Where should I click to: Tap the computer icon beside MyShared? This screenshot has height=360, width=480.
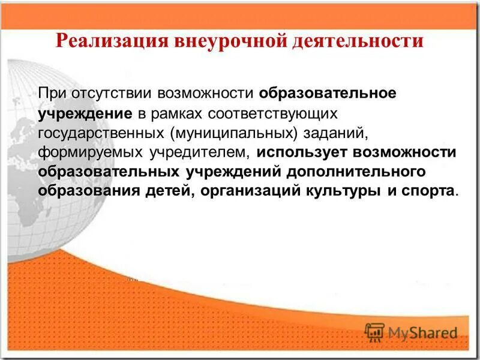(374, 331)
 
